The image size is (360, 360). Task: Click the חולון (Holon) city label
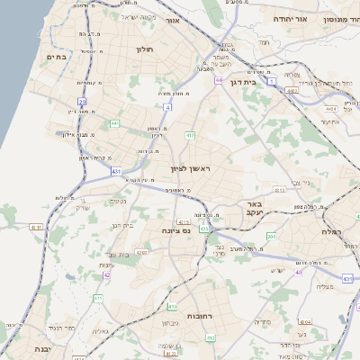coord(145,49)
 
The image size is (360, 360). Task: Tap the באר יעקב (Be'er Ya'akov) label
coord(257,210)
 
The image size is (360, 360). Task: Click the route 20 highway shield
coord(82,103)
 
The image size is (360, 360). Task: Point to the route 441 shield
coord(114,123)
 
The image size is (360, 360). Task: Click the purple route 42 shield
coord(106,274)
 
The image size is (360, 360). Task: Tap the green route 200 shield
coord(269,235)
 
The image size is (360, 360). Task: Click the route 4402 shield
coord(292,90)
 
